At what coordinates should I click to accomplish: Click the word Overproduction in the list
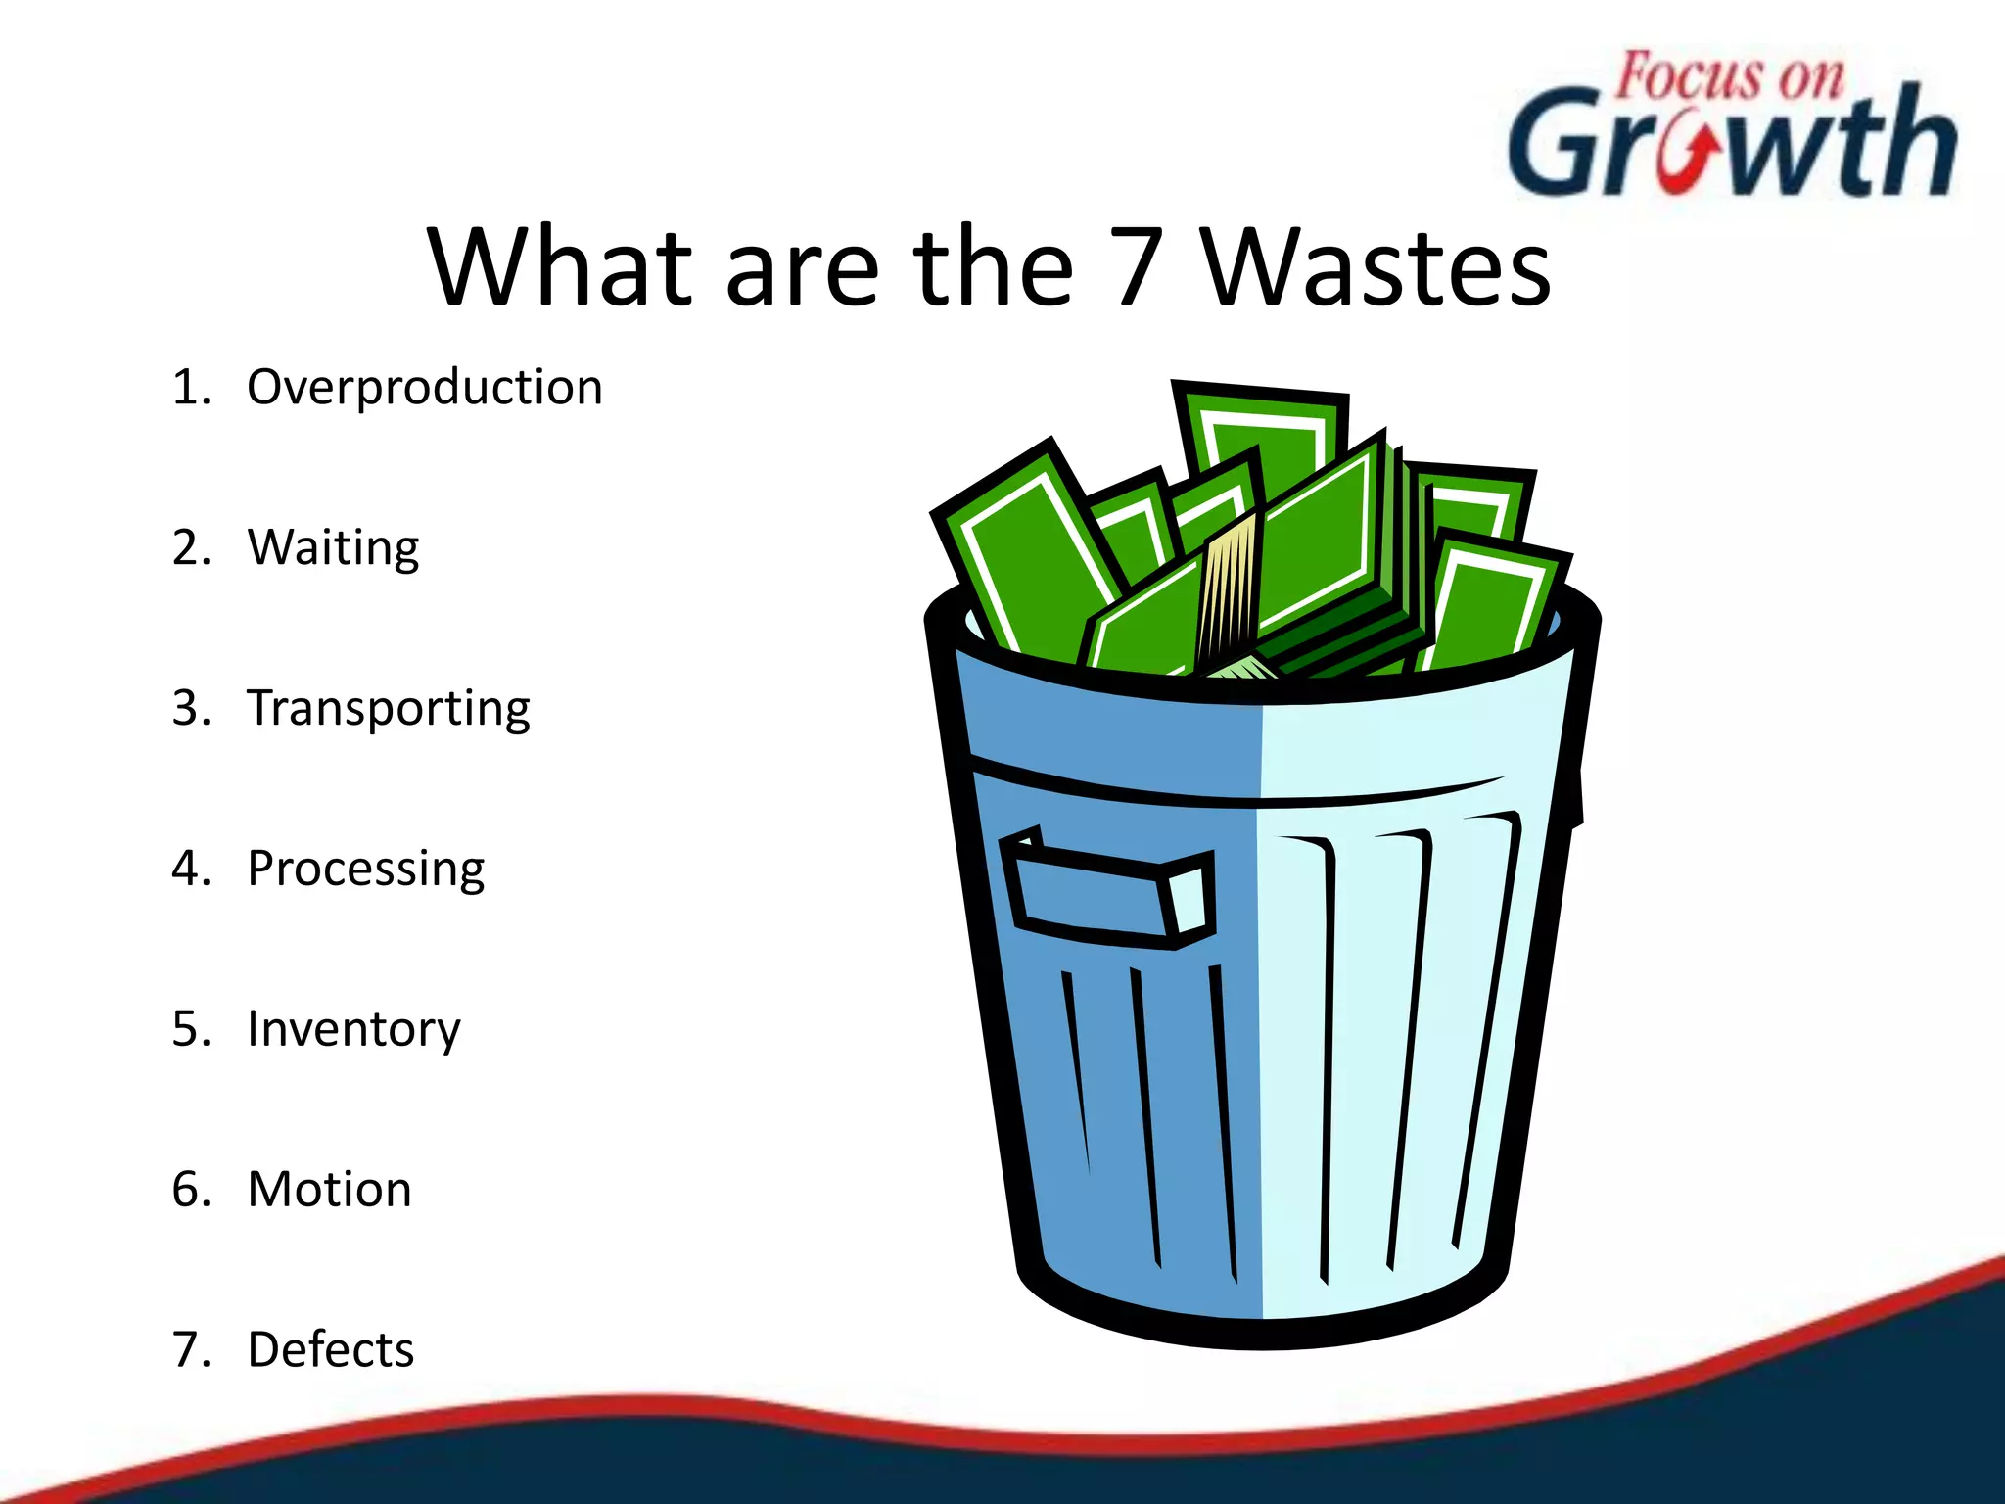coord(424,388)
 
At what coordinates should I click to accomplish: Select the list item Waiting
coord(333,548)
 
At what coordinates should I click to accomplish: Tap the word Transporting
coord(389,709)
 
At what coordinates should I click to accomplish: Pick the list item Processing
coord(365,869)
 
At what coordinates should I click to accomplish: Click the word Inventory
coord(353,1030)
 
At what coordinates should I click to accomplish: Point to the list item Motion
coord(329,1190)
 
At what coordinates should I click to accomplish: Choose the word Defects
coord(331,1350)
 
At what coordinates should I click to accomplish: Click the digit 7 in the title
coord(1138,266)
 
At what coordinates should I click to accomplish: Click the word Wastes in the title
coord(1376,266)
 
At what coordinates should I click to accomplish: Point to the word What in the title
coord(561,266)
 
